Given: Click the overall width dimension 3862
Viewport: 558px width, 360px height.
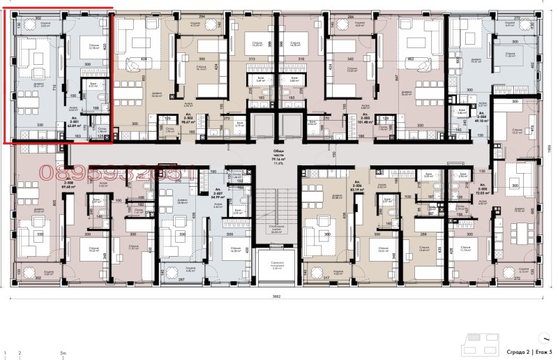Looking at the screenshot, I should point(276,297).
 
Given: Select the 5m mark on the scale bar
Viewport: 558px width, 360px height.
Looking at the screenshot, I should point(63,354).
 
